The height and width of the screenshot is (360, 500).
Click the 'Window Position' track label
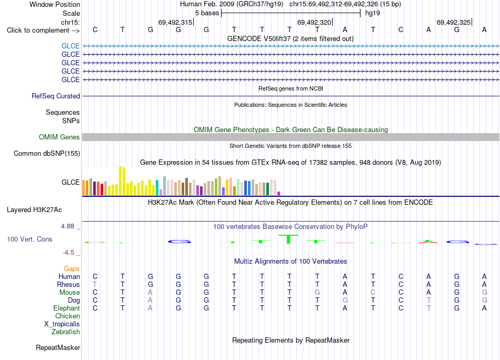[55, 4]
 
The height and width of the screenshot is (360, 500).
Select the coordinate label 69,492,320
[314, 22]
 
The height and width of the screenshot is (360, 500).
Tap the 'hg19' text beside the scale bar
[373, 13]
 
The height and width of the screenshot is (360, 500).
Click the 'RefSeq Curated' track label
[56, 96]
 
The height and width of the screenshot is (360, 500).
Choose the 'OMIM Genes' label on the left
[59, 137]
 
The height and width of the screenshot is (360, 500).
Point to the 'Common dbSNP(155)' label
[47, 153]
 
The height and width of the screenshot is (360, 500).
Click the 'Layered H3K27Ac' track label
[34, 210]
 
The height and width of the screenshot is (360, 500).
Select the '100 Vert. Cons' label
[29, 239]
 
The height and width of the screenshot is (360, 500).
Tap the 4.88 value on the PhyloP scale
[67, 226]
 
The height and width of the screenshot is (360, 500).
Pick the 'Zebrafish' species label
[66, 332]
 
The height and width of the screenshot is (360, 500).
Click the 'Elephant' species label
[67, 308]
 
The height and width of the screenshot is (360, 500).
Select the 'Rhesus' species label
[68, 284]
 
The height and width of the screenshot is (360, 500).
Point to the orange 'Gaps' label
[72, 269]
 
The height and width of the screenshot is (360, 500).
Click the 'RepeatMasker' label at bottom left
[58, 347]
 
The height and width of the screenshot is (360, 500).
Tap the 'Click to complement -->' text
[43, 31]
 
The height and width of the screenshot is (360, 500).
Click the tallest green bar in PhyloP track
[288, 239]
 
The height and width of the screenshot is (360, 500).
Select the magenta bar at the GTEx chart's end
[279, 193]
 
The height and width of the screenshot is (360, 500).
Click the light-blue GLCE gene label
[71, 46]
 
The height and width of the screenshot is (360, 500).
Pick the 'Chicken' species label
[67, 316]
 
